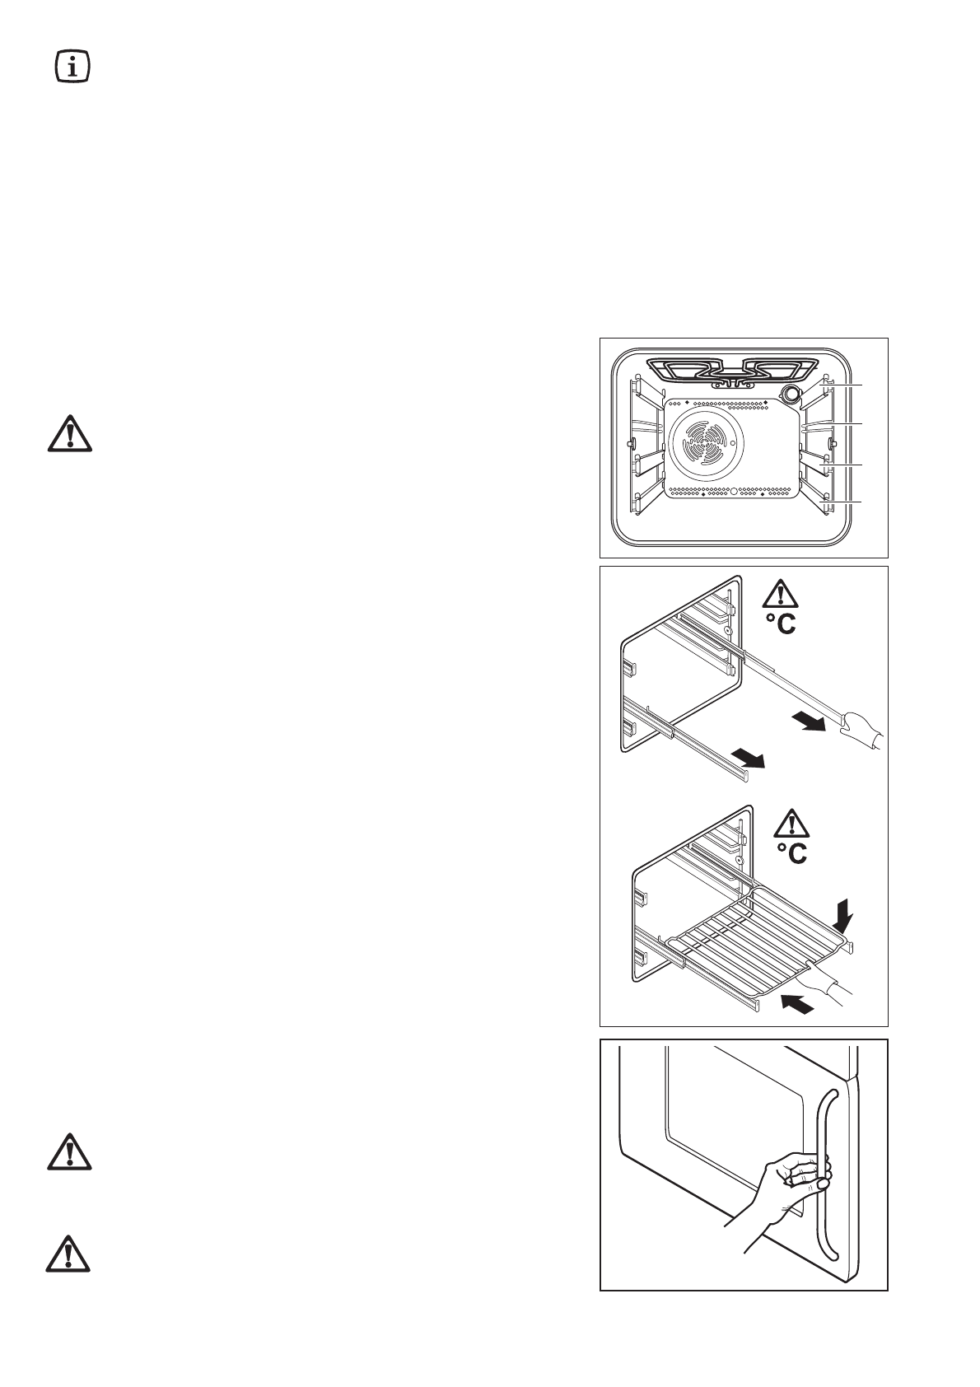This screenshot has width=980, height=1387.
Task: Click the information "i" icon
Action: click(x=72, y=67)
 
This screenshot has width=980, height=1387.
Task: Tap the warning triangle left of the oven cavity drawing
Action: click(x=69, y=433)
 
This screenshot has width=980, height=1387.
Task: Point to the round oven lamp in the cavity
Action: click(x=791, y=395)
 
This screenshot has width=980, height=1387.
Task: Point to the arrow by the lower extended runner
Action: click(x=747, y=757)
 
